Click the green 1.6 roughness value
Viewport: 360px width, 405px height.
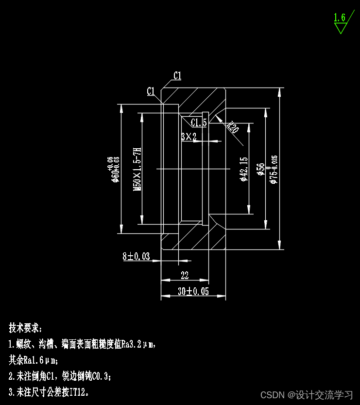pyautogui.click(x=339, y=18)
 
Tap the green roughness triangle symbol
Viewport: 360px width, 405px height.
pyautogui.click(x=341, y=28)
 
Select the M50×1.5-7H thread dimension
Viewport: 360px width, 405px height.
pyautogui.click(x=137, y=169)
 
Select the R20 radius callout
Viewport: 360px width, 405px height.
pyautogui.click(x=233, y=127)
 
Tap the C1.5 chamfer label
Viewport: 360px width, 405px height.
pyautogui.click(x=199, y=122)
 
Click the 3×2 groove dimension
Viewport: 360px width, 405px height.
pyautogui.click(x=189, y=137)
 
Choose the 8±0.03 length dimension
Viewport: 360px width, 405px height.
pyautogui.click(x=136, y=256)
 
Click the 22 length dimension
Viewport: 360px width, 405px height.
pyautogui.click(x=185, y=276)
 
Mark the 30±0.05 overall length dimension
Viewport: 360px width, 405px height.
pyautogui.click(x=193, y=291)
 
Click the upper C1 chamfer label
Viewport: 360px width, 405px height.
pyautogui.click(x=177, y=75)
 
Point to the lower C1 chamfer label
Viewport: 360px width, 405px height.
pyautogui.click(x=151, y=91)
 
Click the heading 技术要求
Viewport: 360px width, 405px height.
pyautogui.click(x=26, y=327)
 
